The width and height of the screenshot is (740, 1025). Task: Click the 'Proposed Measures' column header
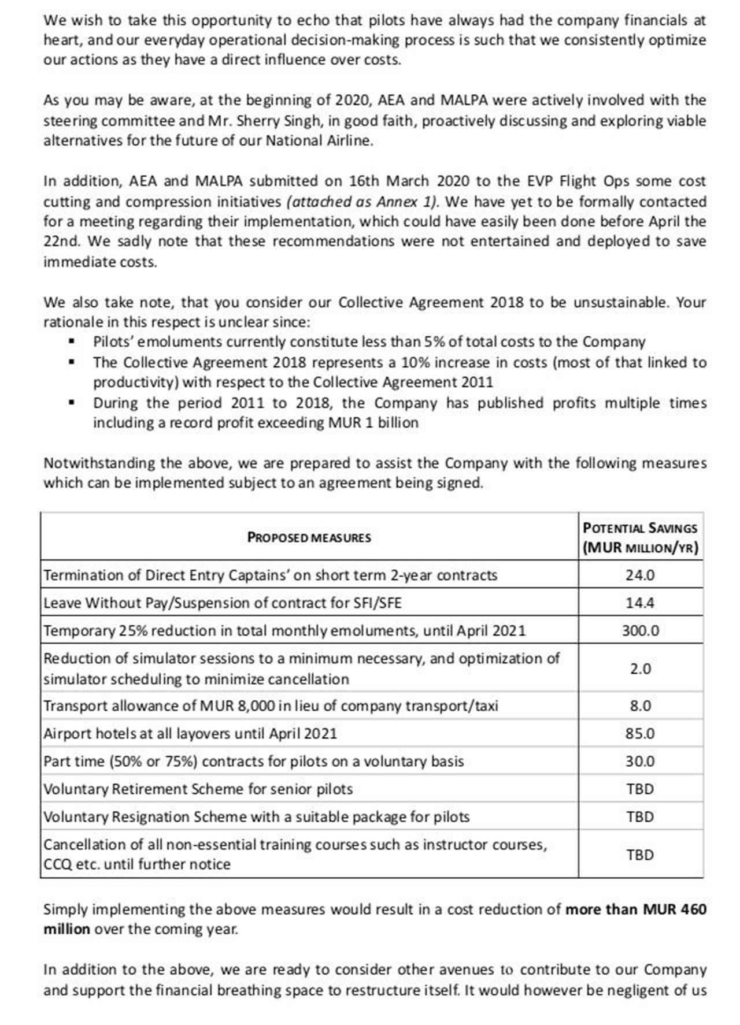[x=309, y=537]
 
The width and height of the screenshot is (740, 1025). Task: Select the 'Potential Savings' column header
[x=640, y=537]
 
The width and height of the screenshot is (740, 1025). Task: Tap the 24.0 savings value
[x=640, y=575]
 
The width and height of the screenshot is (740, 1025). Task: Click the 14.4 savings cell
[x=640, y=603]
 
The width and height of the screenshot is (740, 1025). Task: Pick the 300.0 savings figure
[x=640, y=631]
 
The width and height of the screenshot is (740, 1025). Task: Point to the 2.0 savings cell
[x=640, y=669]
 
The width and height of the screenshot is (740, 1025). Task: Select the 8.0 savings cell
[x=640, y=706]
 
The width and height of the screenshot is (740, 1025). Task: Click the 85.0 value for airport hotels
[x=640, y=734]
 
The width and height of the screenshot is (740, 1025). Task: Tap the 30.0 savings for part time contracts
[x=640, y=762]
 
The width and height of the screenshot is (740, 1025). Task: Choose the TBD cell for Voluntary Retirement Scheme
[x=640, y=789]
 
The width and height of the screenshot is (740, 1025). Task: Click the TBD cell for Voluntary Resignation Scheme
[x=640, y=817]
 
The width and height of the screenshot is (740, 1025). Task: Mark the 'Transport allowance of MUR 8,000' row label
[x=271, y=706]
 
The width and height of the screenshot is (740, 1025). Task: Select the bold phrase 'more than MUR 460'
[x=635, y=909]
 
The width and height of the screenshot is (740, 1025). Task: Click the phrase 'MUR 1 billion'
[x=373, y=423]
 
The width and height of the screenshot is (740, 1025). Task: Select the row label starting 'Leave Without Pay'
[x=223, y=603]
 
